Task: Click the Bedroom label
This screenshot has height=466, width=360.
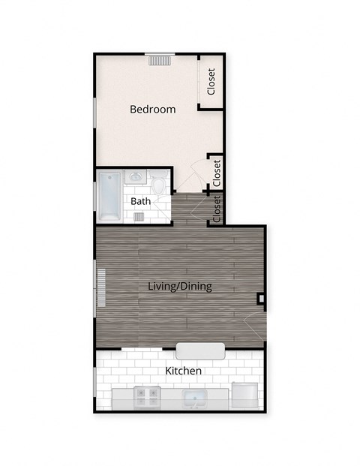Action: [153, 110]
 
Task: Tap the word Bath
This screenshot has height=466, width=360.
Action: [140, 201]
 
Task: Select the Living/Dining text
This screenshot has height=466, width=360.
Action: [180, 286]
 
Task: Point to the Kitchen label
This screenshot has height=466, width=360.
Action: [183, 371]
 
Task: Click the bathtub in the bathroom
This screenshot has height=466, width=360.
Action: [109, 196]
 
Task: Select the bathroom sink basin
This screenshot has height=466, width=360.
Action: [136, 179]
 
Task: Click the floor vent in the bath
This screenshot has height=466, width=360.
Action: [139, 217]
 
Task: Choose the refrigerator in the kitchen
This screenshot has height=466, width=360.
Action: [245, 395]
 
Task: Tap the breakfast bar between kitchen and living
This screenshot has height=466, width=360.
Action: [200, 350]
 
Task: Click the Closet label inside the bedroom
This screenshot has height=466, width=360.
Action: [211, 82]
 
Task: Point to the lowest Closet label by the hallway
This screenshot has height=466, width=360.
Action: [217, 209]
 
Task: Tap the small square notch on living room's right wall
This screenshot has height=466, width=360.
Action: [260, 299]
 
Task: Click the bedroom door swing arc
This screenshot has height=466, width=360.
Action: [196, 170]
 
